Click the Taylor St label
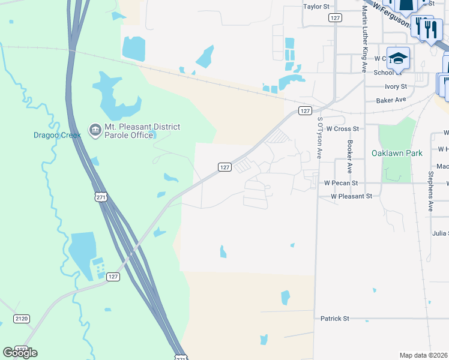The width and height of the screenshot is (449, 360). click(x=317, y=7)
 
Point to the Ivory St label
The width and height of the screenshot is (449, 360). click(x=396, y=86)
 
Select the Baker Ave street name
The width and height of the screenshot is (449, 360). click(x=391, y=100)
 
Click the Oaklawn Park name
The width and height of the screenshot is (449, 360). click(x=397, y=153)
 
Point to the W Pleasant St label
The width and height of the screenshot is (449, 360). click(x=352, y=196)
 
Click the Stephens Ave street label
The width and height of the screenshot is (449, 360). click(x=431, y=191)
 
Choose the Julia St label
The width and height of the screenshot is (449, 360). click(x=440, y=233)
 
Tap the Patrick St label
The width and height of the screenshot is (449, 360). click(x=334, y=318)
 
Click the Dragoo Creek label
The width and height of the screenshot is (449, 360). click(x=56, y=135)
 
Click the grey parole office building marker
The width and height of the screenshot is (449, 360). click(x=95, y=130)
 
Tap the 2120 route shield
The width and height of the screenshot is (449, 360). click(x=21, y=319)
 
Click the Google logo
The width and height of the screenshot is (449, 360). click(x=20, y=352)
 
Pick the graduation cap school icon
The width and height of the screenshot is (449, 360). click(x=398, y=58)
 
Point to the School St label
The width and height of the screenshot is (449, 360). click(x=387, y=73)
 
